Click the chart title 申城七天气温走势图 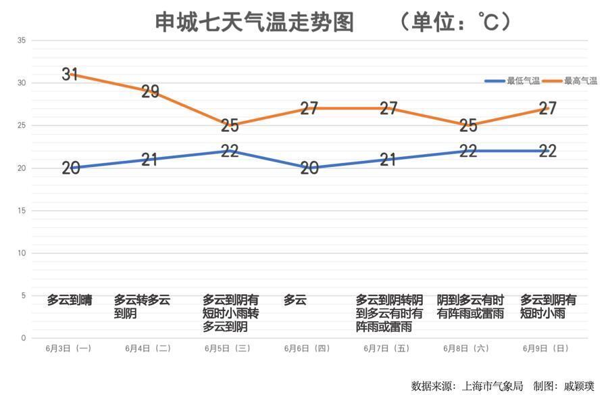tap(255, 22)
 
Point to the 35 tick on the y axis tap(22, 41)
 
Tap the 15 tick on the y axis tap(22, 211)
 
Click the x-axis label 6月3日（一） tap(68, 349)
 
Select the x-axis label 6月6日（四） tap(307, 349)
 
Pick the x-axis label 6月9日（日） tap(546, 349)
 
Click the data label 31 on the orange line tap(70, 74)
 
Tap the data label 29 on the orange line tap(150, 91)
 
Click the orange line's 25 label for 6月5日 tap(230, 125)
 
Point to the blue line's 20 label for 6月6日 tap(309, 168)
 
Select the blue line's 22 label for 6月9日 tap(547, 151)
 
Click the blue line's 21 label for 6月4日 tap(150, 160)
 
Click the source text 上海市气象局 tap(492, 387)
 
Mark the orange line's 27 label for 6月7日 tap(388, 108)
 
